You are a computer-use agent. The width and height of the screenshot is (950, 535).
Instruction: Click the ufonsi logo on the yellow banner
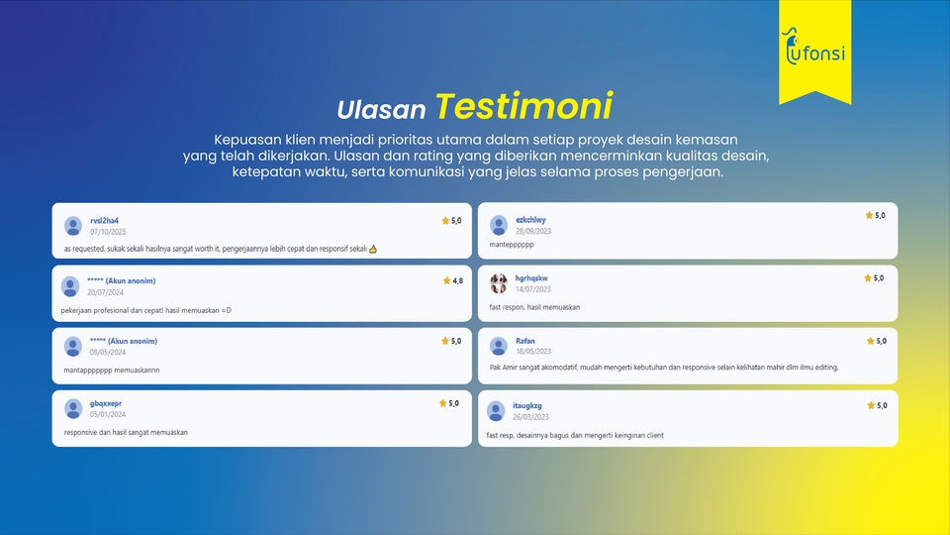(813, 48)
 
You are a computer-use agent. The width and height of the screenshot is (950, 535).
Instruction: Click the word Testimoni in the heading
(524, 106)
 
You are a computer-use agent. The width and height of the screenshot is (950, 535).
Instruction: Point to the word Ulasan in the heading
(381, 110)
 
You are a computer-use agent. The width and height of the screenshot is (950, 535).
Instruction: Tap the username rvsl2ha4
(104, 221)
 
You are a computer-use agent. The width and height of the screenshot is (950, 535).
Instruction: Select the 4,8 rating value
(457, 280)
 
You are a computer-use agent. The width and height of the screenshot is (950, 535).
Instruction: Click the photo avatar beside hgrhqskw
(499, 283)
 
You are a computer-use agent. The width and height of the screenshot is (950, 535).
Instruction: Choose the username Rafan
(525, 341)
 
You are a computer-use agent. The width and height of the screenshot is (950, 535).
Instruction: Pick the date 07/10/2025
(108, 232)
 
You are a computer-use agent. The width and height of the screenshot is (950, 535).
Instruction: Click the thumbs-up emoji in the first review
(373, 249)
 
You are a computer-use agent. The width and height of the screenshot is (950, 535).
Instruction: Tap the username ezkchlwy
(530, 220)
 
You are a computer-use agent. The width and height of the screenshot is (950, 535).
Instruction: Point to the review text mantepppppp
(512, 245)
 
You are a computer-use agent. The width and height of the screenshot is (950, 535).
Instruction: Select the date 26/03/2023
(530, 417)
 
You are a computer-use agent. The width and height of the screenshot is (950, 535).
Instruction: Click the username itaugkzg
(527, 406)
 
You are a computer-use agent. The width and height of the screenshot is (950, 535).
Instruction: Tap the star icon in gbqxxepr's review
(443, 403)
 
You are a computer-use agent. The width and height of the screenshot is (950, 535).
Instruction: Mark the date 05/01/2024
(108, 414)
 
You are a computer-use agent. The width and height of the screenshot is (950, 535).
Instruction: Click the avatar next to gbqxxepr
(72, 409)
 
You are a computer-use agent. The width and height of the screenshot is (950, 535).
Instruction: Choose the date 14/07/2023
(533, 289)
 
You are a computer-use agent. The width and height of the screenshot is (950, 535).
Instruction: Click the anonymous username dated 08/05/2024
(124, 341)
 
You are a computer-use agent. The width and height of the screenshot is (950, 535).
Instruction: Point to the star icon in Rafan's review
(871, 341)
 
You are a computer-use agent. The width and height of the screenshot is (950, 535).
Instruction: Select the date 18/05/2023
(533, 351)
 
